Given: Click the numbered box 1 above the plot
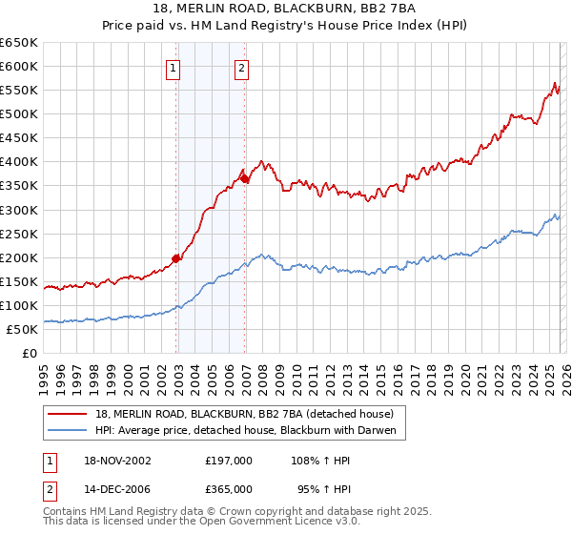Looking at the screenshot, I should click(x=174, y=68).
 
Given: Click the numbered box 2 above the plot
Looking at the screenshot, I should click(x=242, y=68).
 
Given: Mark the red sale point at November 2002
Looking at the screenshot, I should click(x=176, y=257).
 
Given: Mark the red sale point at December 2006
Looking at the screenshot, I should click(x=245, y=177).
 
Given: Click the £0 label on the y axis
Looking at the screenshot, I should click(x=29, y=353).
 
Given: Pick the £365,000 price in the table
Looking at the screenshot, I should click(x=229, y=488).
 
